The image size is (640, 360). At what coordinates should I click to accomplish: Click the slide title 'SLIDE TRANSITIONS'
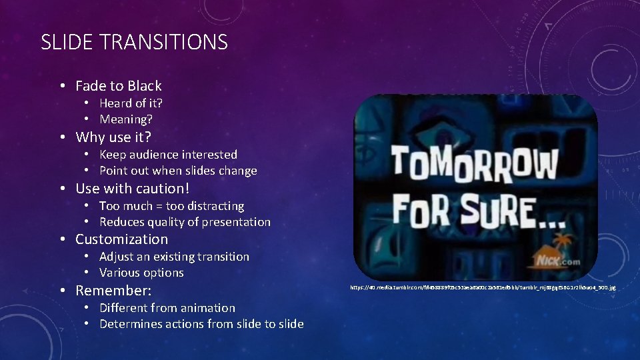134,43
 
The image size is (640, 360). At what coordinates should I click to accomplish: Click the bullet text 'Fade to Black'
118,86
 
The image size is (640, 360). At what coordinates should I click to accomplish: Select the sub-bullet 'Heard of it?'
131,103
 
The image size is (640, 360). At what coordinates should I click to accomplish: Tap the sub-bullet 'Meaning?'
126,119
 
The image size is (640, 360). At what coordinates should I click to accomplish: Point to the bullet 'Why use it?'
113,137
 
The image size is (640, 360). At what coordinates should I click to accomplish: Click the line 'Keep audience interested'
168,155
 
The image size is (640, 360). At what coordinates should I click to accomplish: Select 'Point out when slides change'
178,171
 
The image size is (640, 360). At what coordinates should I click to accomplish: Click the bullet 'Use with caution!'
132,189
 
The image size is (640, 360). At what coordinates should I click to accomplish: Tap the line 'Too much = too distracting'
171,206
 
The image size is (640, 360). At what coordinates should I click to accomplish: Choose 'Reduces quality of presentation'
185,222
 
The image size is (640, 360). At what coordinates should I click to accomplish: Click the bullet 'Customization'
121,239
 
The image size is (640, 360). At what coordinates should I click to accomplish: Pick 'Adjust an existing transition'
174,257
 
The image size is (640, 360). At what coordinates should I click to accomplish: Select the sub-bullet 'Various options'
141,273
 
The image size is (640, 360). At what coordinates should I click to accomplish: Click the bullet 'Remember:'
113,291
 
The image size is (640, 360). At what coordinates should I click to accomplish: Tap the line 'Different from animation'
167,308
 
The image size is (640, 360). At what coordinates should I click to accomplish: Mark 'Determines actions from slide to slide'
201,324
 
